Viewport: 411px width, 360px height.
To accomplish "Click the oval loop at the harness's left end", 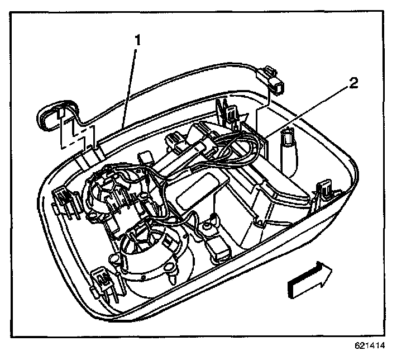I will (50, 115).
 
